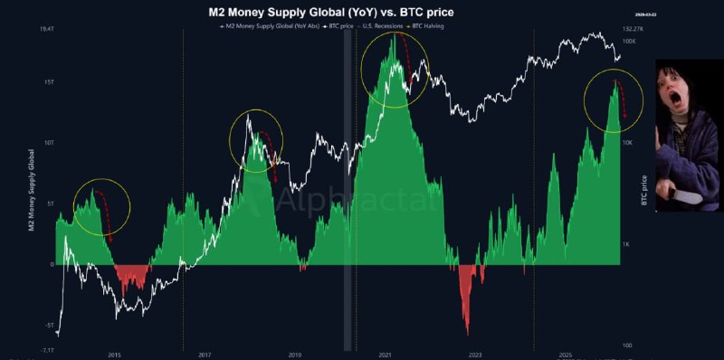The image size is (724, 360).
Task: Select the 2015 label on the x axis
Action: point(114,355)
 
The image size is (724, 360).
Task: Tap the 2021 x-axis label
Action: point(385,355)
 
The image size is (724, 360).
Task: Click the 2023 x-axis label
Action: point(475,355)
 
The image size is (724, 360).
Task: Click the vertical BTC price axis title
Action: point(644,190)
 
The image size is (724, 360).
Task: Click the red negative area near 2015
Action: point(132,275)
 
